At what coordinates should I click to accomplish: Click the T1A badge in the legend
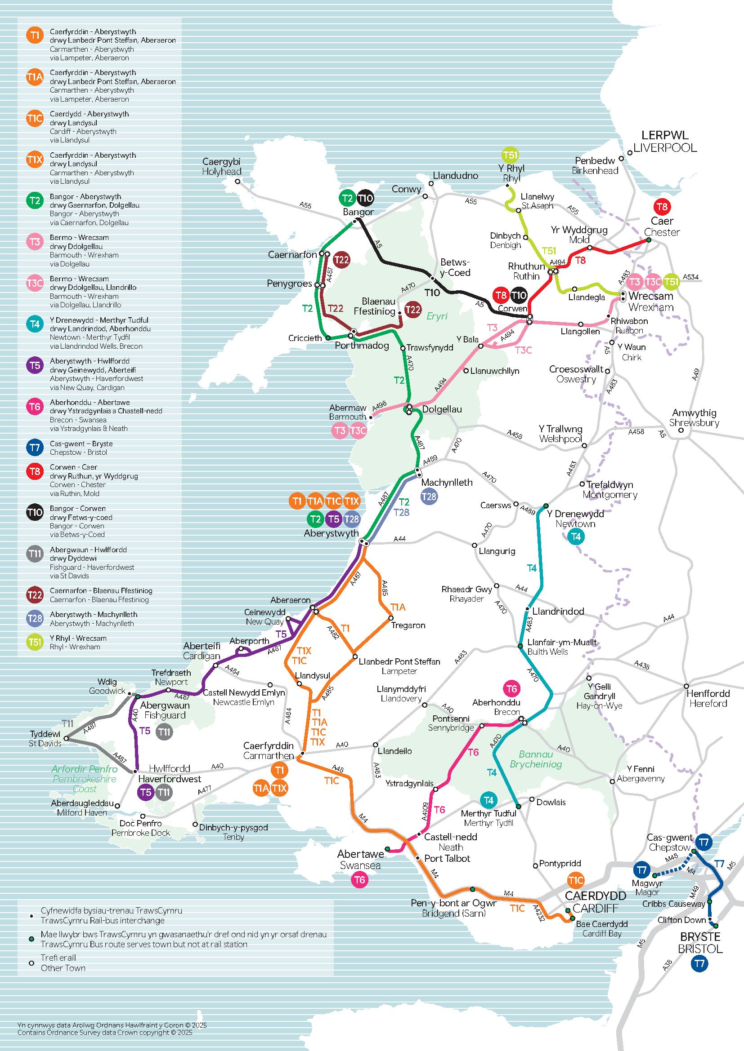tap(35, 77)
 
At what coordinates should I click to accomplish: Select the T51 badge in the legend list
tap(35, 642)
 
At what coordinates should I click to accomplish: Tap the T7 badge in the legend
tap(35, 448)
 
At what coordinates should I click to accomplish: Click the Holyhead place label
tap(222, 172)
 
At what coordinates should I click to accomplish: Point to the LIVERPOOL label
tap(665, 148)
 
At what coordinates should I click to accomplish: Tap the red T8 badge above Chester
tap(662, 206)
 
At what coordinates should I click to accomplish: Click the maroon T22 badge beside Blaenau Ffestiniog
tap(413, 310)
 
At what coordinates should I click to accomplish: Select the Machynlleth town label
tap(447, 482)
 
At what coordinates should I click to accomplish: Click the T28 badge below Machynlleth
tap(429, 496)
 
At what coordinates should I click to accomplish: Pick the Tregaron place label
tap(408, 625)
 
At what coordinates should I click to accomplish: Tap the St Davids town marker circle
tap(66, 738)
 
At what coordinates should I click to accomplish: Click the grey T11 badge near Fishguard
tap(164, 732)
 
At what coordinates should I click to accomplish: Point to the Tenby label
tap(233, 837)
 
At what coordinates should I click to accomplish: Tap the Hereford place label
tap(708, 703)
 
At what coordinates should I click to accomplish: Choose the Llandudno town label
tap(455, 176)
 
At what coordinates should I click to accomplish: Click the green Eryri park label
tap(437, 316)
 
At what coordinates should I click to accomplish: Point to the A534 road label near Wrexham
tap(691, 277)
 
